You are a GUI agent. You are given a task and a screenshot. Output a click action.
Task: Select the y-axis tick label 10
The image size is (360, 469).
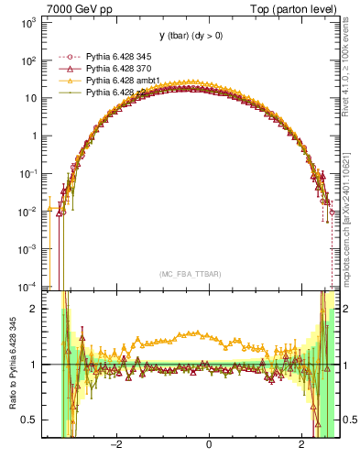29,99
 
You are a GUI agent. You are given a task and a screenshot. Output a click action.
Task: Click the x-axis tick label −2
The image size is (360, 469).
115,446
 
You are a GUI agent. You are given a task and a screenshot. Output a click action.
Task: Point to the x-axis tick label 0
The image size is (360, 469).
210,446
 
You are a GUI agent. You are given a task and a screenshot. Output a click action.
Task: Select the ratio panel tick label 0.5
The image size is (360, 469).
27,420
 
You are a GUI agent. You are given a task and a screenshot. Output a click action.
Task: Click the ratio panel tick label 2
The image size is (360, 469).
33,309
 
